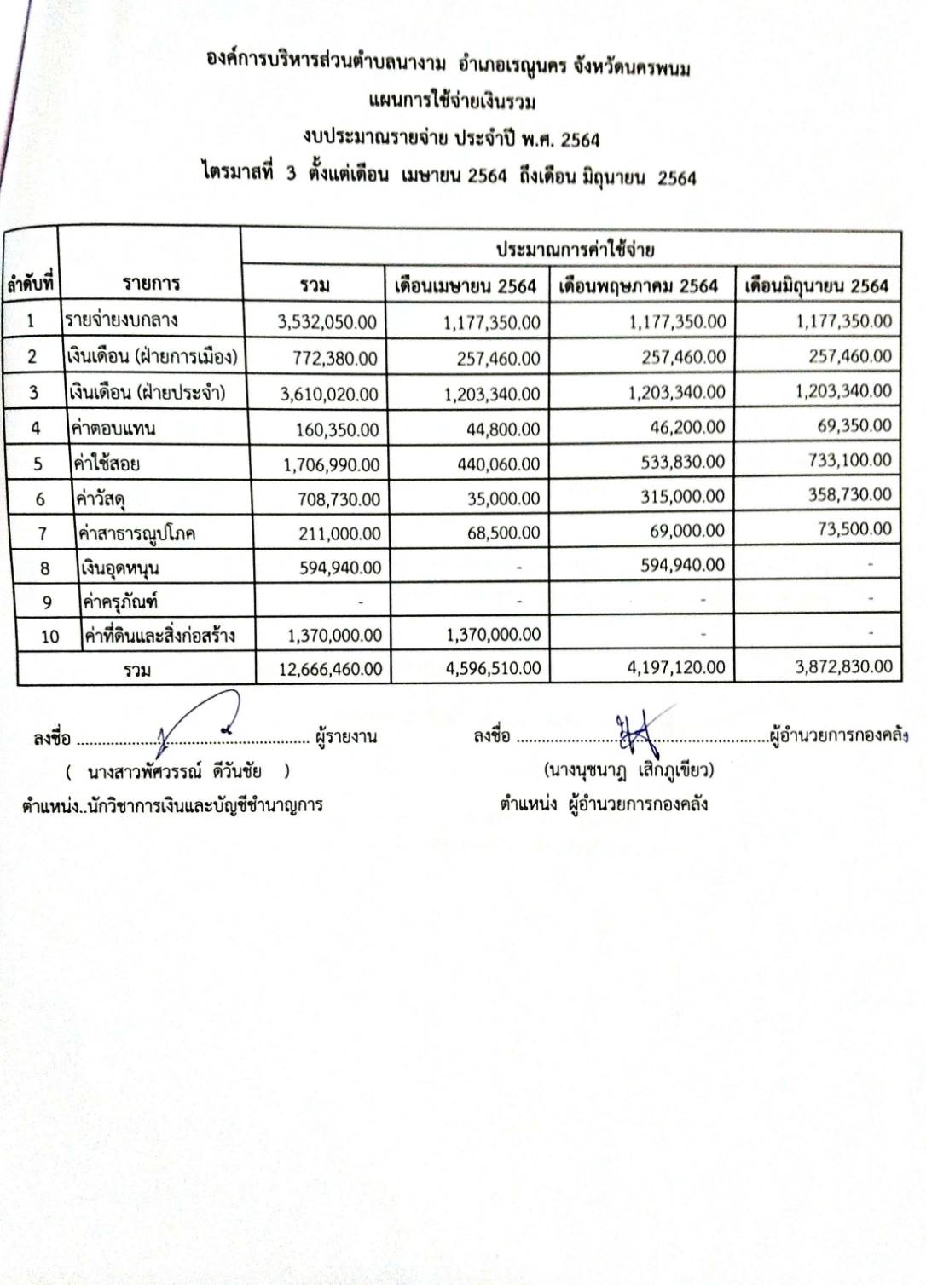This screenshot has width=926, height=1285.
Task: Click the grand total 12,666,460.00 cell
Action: coord(330,669)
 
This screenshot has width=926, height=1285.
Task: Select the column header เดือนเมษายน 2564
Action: coord(465,286)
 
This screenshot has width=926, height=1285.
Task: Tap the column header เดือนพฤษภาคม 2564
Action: coord(639,286)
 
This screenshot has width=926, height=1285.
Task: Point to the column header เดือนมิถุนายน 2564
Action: coord(816,285)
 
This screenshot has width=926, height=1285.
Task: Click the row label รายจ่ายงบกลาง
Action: coord(122,320)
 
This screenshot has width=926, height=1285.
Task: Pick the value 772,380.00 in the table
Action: coord(334,359)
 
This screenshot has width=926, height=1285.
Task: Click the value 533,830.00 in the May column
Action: coord(682,462)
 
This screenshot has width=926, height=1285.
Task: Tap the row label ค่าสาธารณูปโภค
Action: coord(136,533)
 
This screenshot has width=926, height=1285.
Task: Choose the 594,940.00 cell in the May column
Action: coord(682,565)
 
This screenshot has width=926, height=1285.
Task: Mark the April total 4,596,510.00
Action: coord(493,668)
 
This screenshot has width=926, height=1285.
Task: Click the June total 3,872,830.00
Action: coord(843,666)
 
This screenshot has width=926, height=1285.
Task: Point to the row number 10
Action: coord(49,637)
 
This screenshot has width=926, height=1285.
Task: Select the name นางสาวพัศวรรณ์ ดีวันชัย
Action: coord(175,772)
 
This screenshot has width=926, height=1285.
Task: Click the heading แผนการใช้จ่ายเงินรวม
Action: coord(452,102)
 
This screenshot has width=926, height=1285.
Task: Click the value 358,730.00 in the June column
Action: coord(851,494)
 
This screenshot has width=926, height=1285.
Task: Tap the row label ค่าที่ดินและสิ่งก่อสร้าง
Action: coord(159,636)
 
